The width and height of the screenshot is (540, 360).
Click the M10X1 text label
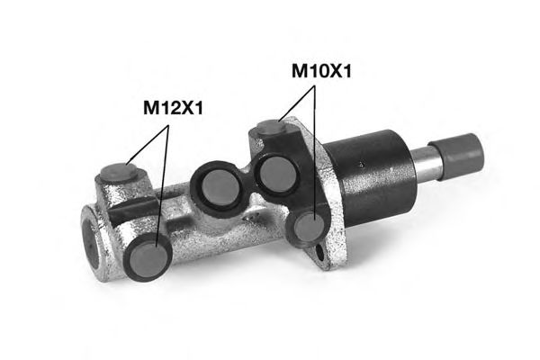319,71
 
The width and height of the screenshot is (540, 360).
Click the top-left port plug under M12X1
113,172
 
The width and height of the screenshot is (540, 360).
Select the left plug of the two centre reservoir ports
216,186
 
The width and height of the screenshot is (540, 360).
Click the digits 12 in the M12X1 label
173,109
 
